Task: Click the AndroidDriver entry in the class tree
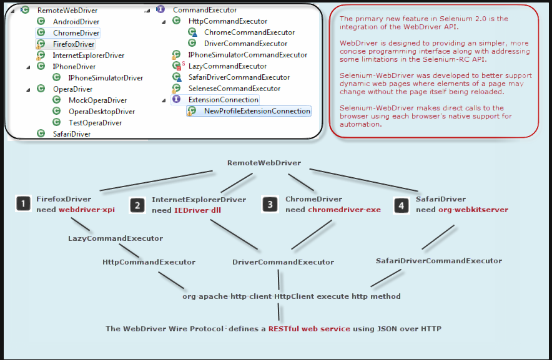(x=76, y=22)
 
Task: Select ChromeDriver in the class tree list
(x=76, y=33)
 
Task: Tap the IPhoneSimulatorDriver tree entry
(x=106, y=78)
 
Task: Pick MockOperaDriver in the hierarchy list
(x=97, y=100)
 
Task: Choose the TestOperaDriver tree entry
(x=95, y=123)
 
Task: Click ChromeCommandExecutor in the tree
(x=249, y=32)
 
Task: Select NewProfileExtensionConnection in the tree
(x=257, y=111)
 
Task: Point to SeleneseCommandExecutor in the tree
(x=234, y=89)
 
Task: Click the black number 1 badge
(x=23, y=203)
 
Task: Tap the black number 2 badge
(x=138, y=205)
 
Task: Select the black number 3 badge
(x=270, y=204)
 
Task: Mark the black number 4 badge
(x=402, y=204)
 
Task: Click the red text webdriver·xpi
(x=87, y=210)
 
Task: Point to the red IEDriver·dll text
(x=197, y=210)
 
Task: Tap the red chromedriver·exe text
(x=344, y=210)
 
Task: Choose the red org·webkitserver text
(x=473, y=210)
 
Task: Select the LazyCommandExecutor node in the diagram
(x=116, y=238)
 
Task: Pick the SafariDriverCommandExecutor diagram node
(x=438, y=261)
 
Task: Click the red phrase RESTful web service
(x=309, y=329)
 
